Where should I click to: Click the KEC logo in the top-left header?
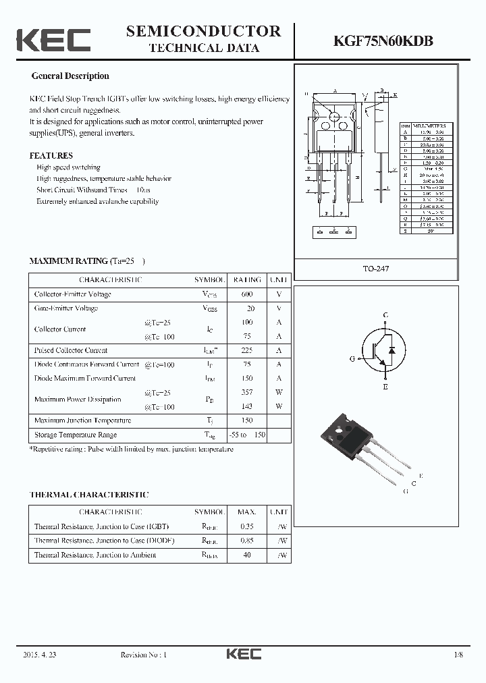pos(53,40)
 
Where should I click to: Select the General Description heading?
pos(70,76)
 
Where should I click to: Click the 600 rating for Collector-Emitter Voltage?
pos(246,294)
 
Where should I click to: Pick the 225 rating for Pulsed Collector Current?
pos(246,350)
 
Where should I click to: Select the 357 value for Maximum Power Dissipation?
pos(246,392)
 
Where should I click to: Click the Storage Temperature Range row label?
pos(76,435)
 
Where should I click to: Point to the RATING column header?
pos(246,279)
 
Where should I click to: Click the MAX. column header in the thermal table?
pos(246,512)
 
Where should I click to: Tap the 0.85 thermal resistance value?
pos(246,541)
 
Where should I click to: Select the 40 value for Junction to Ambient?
pos(246,555)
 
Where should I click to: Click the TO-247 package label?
pos(377,269)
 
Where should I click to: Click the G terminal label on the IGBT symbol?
pos(352,359)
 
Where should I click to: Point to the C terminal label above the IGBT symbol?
pos(385,315)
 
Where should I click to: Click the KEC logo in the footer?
pos(243,654)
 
